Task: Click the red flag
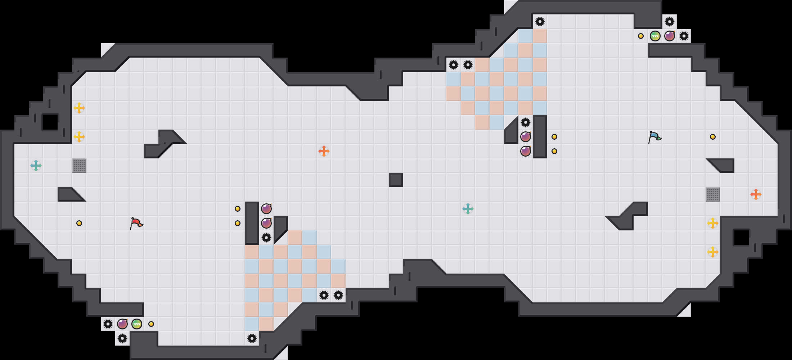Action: coord(136,223)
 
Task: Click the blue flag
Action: coord(654,137)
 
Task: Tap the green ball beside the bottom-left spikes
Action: coord(137,324)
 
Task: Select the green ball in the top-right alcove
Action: coord(655,36)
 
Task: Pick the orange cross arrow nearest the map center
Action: coord(324,151)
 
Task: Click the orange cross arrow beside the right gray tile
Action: coord(756,194)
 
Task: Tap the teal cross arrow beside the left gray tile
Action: coord(36,166)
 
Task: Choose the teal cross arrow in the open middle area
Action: coord(468,209)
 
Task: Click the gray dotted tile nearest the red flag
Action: coord(79,166)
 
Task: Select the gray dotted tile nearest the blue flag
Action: coord(713,194)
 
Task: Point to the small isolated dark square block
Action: coord(396,180)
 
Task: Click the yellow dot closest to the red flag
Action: coord(79,223)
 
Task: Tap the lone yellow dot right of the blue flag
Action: coord(713,137)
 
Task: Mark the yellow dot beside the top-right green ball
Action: coord(641,36)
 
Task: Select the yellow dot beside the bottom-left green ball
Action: coord(151,324)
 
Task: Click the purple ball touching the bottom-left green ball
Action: coord(122,324)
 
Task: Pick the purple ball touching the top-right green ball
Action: coord(670,36)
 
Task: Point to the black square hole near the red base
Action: coord(50,122)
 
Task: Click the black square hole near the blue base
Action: coord(742,238)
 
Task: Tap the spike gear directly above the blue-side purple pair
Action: coord(526,122)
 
